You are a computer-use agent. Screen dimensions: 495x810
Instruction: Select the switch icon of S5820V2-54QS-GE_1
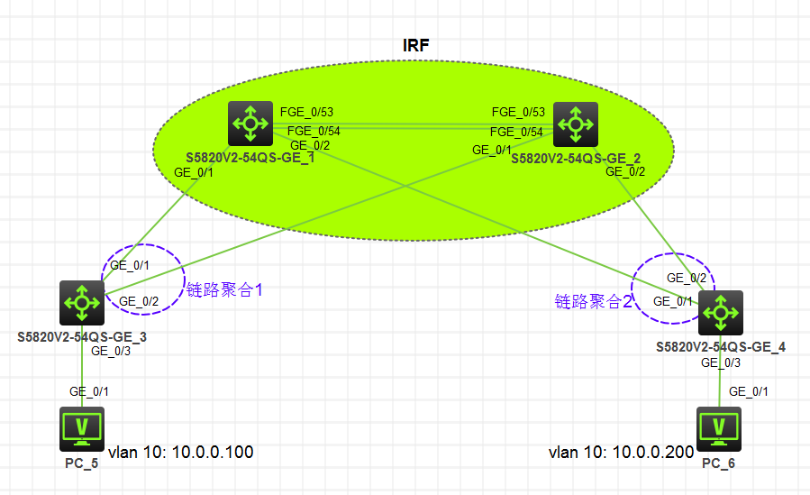250,124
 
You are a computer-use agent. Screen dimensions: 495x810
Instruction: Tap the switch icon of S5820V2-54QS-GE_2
574,124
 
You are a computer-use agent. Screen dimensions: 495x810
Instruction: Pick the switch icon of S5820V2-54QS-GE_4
720,312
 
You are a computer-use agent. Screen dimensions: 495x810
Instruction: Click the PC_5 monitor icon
82,426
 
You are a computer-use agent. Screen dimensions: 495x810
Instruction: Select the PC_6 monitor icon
719,426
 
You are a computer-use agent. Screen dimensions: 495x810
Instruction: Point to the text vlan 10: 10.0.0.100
181,452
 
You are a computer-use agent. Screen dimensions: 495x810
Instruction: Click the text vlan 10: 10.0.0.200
622,452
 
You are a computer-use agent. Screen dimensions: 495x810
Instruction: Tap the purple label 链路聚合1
223,290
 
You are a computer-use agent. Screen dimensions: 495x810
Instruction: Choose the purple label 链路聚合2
594,301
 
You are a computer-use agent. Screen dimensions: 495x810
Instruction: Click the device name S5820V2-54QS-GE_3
82,336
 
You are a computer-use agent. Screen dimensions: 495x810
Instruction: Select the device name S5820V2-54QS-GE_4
721,346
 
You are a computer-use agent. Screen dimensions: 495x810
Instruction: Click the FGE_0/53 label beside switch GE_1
306,112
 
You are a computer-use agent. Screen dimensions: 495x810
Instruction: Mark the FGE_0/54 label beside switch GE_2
516,132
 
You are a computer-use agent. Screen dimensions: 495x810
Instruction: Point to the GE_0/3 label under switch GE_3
111,351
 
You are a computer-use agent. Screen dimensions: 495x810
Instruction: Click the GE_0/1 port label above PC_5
89,391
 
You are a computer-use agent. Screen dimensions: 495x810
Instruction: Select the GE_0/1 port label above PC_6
749,391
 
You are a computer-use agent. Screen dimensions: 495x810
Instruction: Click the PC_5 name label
82,463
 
